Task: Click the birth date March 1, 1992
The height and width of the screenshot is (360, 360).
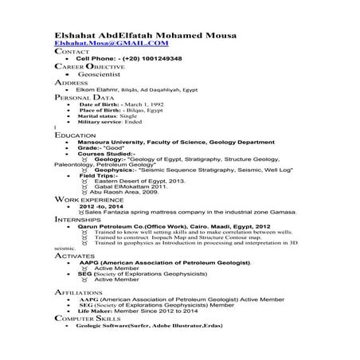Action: pyautogui.click(x=139, y=104)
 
